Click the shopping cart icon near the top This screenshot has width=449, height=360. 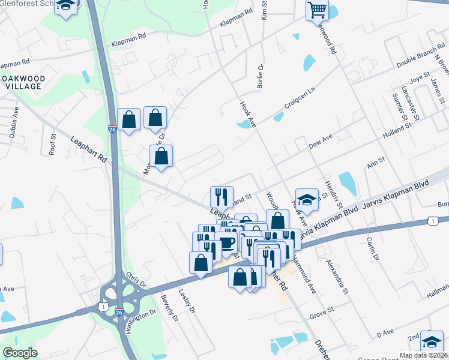click(316, 10)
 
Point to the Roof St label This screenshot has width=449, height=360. click(52, 144)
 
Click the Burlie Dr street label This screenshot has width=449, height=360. click(261, 76)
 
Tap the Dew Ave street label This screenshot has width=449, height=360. click(320, 142)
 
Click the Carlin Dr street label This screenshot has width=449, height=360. click(372, 248)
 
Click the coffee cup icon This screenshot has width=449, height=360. click(226, 242)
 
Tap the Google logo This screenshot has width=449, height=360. click(20, 353)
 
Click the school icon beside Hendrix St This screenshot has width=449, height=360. click(307, 200)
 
